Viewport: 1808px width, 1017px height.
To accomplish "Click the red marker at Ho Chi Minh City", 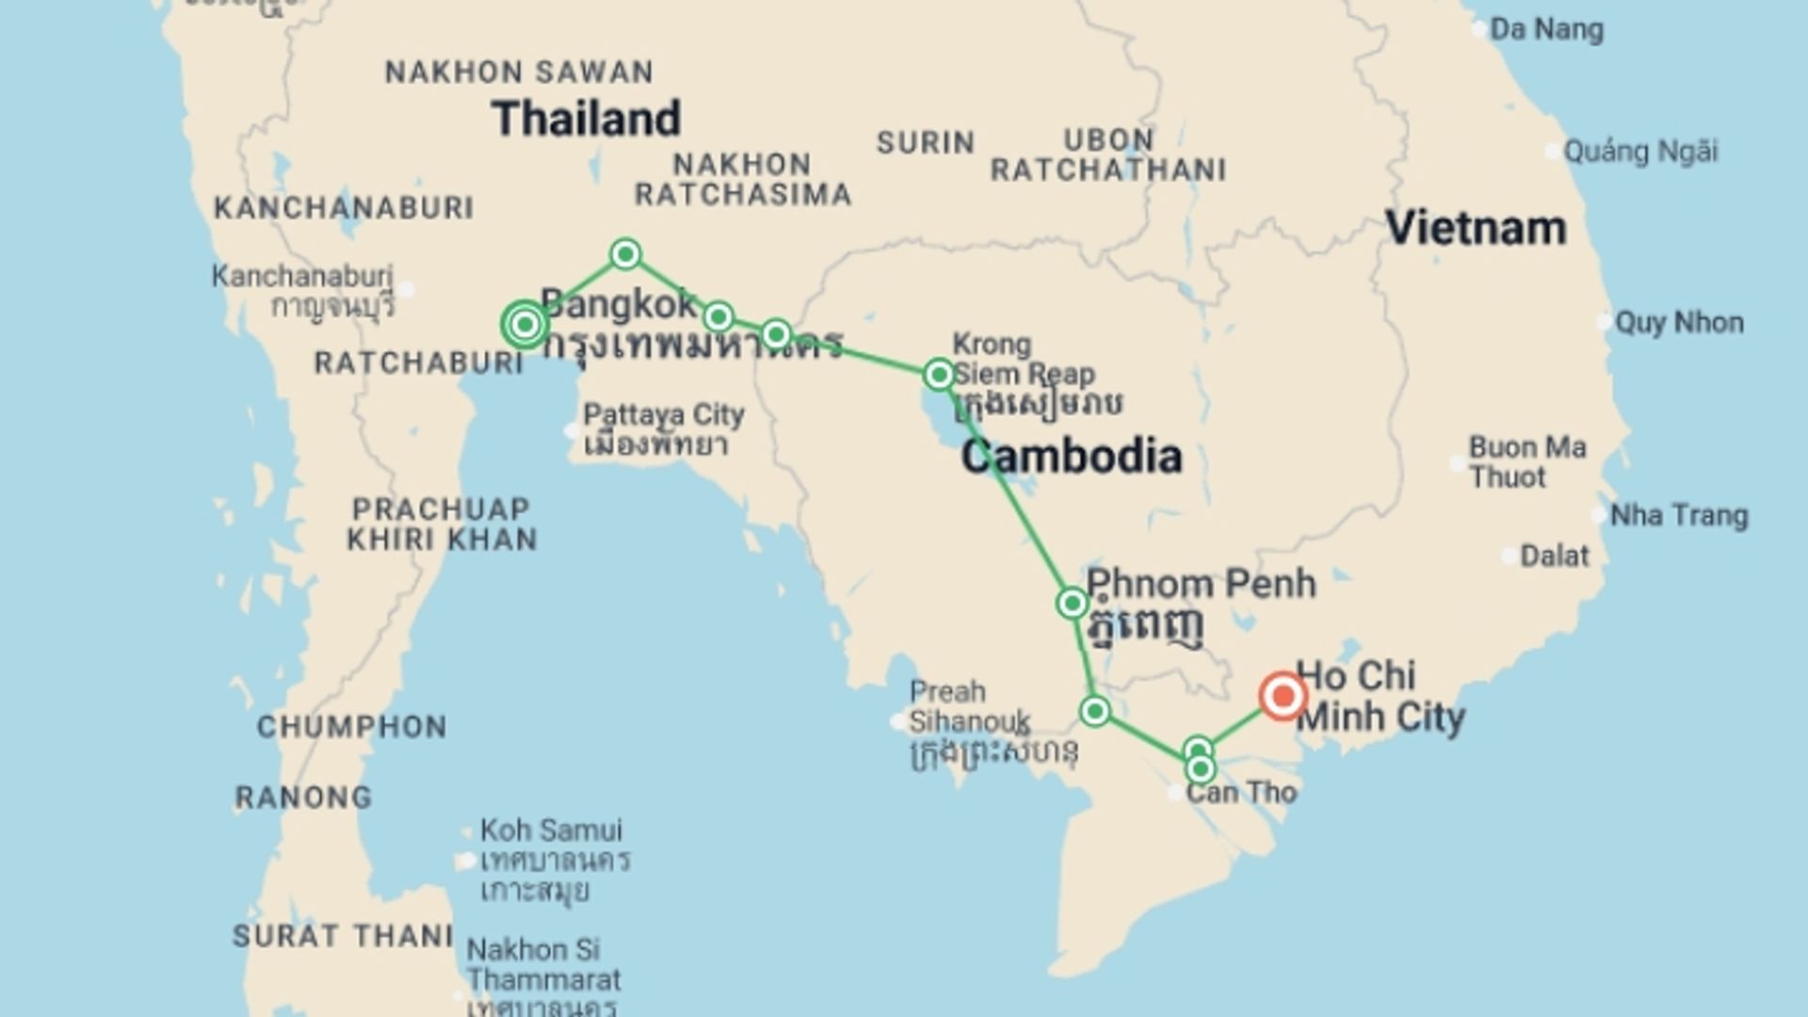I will point(1283,697).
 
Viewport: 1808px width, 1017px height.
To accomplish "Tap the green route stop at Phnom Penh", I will point(1073,603).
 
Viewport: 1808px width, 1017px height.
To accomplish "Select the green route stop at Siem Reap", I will point(939,375).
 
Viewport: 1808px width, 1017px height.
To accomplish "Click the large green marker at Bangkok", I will point(525,325).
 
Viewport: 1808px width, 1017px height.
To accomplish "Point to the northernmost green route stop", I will point(626,254).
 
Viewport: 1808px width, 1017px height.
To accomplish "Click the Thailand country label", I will point(586,119).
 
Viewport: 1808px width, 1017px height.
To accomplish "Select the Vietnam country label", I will point(1476,229).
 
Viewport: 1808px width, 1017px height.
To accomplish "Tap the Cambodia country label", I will point(1072,457).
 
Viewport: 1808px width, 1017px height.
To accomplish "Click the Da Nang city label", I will point(1545,30).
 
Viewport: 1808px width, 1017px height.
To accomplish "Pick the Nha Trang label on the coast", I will point(1678,516).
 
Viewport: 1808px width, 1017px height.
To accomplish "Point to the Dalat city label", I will point(1554,557).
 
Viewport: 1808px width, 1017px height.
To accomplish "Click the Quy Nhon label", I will point(1679,323).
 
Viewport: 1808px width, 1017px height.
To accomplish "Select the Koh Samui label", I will point(551,831).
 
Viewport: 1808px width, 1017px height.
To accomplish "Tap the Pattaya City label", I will point(663,415).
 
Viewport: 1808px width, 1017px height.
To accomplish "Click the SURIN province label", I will point(926,143).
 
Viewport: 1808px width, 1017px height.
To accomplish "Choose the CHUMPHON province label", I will point(352,727).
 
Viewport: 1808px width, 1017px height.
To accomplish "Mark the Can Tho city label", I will point(1241,793).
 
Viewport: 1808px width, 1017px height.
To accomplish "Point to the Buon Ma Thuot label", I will point(1526,462).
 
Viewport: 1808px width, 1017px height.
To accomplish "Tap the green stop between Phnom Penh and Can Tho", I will point(1095,711).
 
